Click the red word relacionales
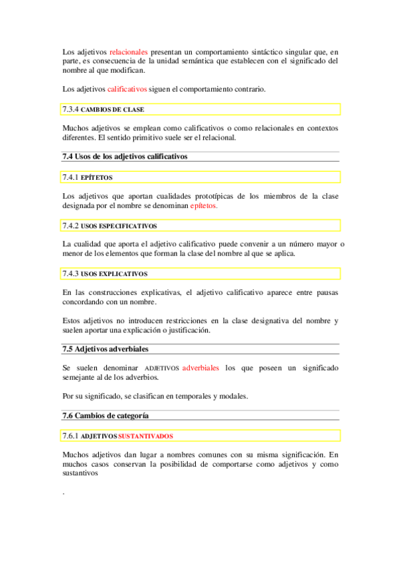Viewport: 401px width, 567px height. [129, 51]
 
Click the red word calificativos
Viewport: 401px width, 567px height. [127, 89]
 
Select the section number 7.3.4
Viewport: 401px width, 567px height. [70, 109]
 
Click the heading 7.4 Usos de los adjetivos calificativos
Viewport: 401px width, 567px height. [125, 156]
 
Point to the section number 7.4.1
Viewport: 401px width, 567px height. [70, 177]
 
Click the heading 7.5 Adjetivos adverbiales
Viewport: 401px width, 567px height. [105, 349]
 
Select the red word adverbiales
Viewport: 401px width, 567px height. [200, 368]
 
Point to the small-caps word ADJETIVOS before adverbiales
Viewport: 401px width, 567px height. [162, 368]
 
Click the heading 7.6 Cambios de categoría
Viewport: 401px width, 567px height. [105, 415]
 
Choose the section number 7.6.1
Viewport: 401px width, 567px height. [70, 436]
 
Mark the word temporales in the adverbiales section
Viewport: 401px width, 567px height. [172, 396]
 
